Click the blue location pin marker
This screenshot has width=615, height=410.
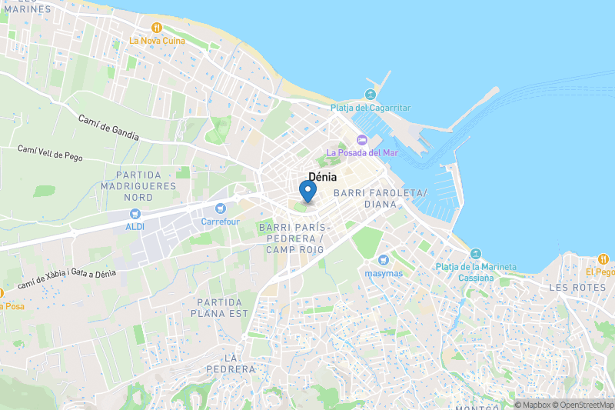(x=308, y=190)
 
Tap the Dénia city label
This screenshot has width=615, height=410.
(x=322, y=176)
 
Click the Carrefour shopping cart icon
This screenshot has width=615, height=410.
(x=221, y=208)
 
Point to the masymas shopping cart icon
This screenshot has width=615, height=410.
(x=384, y=259)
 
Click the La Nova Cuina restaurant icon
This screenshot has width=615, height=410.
(x=156, y=27)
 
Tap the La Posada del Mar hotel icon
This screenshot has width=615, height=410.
(x=362, y=139)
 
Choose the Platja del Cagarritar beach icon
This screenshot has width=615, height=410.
(x=371, y=95)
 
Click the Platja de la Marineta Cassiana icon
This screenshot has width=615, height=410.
(x=476, y=254)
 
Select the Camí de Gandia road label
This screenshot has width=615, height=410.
(x=108, y=127)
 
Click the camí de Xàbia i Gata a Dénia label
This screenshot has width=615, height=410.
(x=66, y=279)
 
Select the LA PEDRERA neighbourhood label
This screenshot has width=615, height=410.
(x=230, y=364)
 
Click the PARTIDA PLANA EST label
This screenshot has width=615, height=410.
(x=223, y=308)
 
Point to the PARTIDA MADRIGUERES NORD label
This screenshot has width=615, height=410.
(x=138, y=186)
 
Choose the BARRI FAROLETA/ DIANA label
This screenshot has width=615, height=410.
(x=376, y=198)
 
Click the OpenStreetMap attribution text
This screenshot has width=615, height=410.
(x=583, y=405)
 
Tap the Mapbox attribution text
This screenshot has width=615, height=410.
(x=536, y=405)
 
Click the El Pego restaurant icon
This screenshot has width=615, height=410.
(x=603, y=259)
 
